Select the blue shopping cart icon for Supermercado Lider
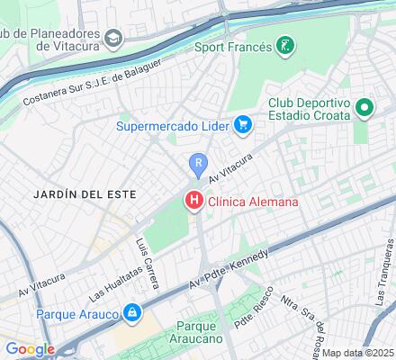[x=241, y=125]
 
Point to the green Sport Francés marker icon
[x=285, y=46]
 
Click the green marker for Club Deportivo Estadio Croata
[x=364, y=110]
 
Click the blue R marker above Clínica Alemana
[x=198, y=164]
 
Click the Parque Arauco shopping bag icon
[x=132, y=313]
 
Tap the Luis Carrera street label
[x=147, y=264]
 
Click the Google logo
[x=30, y=349]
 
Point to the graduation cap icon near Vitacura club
[x=113, y=38]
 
